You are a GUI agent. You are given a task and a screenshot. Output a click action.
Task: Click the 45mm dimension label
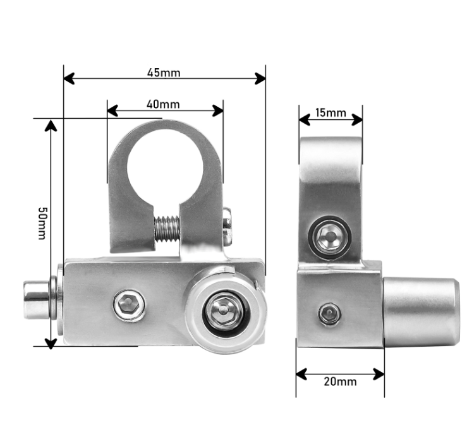click(164, 73)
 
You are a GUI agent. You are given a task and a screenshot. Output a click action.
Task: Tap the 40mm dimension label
click(163, 104)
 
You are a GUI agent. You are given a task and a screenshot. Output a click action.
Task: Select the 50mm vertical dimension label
click(42, 224)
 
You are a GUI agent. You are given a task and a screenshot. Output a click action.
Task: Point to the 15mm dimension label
click(331, 113)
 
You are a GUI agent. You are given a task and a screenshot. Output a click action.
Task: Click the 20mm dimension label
click(340, 381)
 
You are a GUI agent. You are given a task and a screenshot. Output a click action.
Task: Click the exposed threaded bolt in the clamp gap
click(167, 229)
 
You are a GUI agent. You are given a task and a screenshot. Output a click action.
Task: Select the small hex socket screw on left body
click(130, 305)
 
